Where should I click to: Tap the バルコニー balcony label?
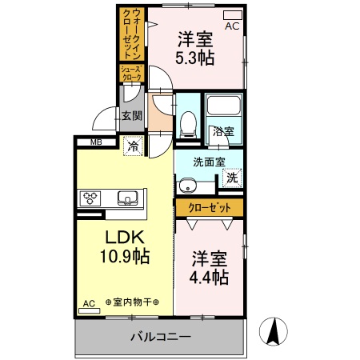(161, 337)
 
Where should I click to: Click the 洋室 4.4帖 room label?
(210, 268)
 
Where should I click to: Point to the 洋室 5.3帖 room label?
(195, 47)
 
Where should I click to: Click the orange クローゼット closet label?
(210, 207)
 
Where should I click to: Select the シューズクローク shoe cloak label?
(131, 74)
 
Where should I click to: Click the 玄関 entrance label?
(131, 115)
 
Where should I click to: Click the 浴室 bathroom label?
(222, 130)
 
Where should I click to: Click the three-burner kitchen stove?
(90, 198)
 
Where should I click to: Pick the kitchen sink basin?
(127, 198)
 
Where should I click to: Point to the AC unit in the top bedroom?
(232, 15)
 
